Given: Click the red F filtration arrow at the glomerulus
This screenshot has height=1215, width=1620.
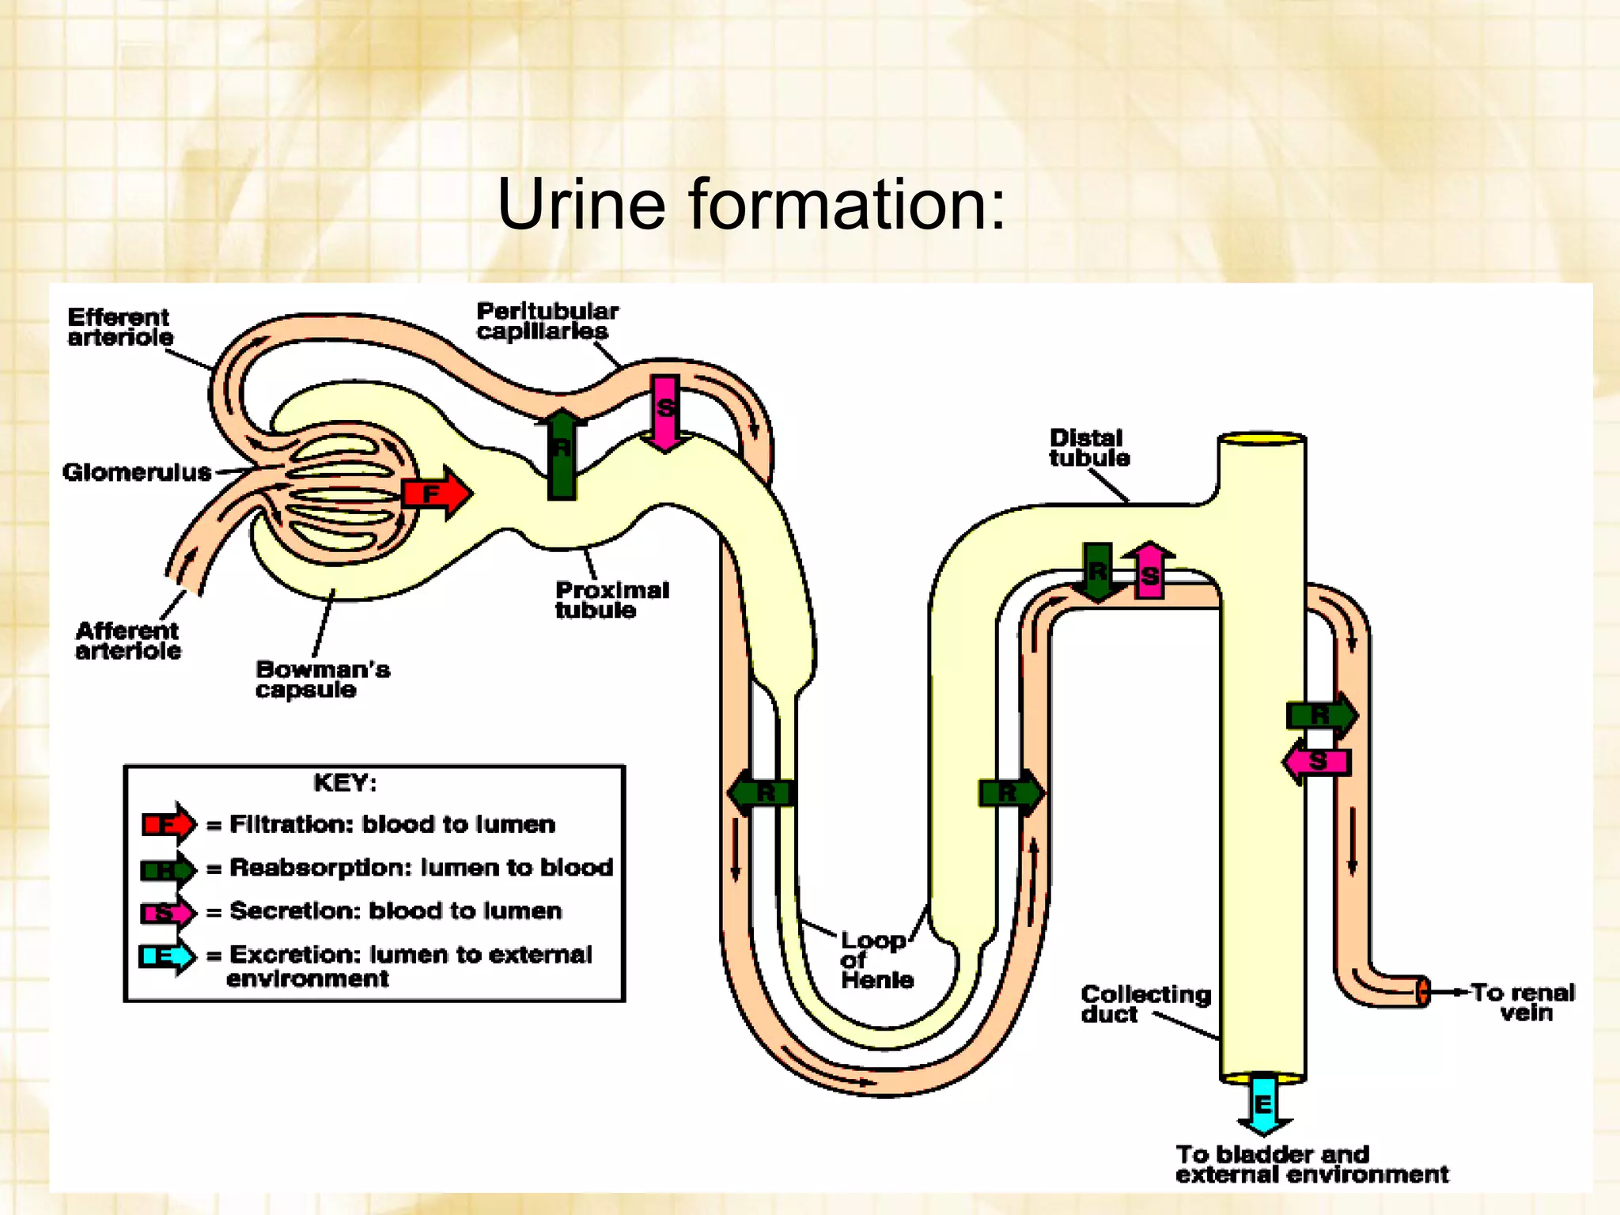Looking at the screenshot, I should tap(436, 494).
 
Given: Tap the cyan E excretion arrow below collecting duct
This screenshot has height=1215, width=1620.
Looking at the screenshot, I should tap(1263, 1104).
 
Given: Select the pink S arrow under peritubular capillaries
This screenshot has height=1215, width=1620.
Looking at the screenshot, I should tap(665, 411).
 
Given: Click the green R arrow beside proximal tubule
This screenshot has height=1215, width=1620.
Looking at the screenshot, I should tap(562, 454).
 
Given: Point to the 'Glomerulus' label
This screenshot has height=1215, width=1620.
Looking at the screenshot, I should tap(137, 472).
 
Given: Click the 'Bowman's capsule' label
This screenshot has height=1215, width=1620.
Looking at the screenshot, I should tap(322, 679).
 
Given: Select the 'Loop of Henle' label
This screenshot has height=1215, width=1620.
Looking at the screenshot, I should tap(876, 960).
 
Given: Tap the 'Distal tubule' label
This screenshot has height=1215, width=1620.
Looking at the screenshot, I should tap(1088, 448).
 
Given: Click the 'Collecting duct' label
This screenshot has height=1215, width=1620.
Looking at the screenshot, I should tap(1145, 1004).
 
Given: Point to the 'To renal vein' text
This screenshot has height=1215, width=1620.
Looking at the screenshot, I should tap(1523, 1002).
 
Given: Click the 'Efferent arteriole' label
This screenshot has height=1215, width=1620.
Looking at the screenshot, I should tap(120, 327).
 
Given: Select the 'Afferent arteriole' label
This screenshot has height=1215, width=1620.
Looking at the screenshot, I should tap(127, 641).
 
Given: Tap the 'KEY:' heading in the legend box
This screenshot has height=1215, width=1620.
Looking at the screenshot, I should tap(345, 783).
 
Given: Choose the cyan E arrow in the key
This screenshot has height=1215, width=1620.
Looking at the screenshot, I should tap(167, 956).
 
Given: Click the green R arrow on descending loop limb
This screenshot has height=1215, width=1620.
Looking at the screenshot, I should tap(761, 793).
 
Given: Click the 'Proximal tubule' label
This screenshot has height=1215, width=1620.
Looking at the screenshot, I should tap(611, 600).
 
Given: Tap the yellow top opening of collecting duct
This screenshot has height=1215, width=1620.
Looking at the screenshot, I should tap(1262, 438).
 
